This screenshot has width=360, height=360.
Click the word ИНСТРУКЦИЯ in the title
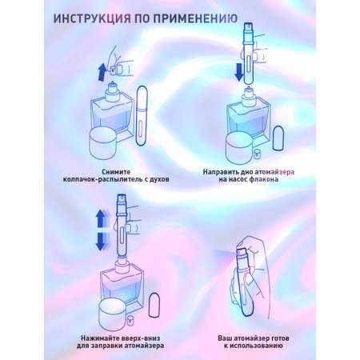click(x=92, y=19)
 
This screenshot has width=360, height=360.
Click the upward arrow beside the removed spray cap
click(x=102, y=72)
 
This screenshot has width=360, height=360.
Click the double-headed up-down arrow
click(x=100, y=230)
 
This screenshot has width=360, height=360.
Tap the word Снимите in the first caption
click(x=116, y=172)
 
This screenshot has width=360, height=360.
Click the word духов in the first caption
click(x=159, y=179)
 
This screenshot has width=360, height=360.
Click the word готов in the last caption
click(x=280, y=338)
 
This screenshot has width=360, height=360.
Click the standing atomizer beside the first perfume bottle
click(x=142, y=115)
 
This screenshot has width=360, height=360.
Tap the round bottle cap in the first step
click(x=102, y=143)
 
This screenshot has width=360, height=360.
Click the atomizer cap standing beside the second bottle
click(x=278, y=138)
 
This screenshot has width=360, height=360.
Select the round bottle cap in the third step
click(x=112, y=315)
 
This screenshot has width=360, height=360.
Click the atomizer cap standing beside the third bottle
click(x=154, y=305)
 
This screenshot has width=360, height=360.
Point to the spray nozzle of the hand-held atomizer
click(x=242, y=253)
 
